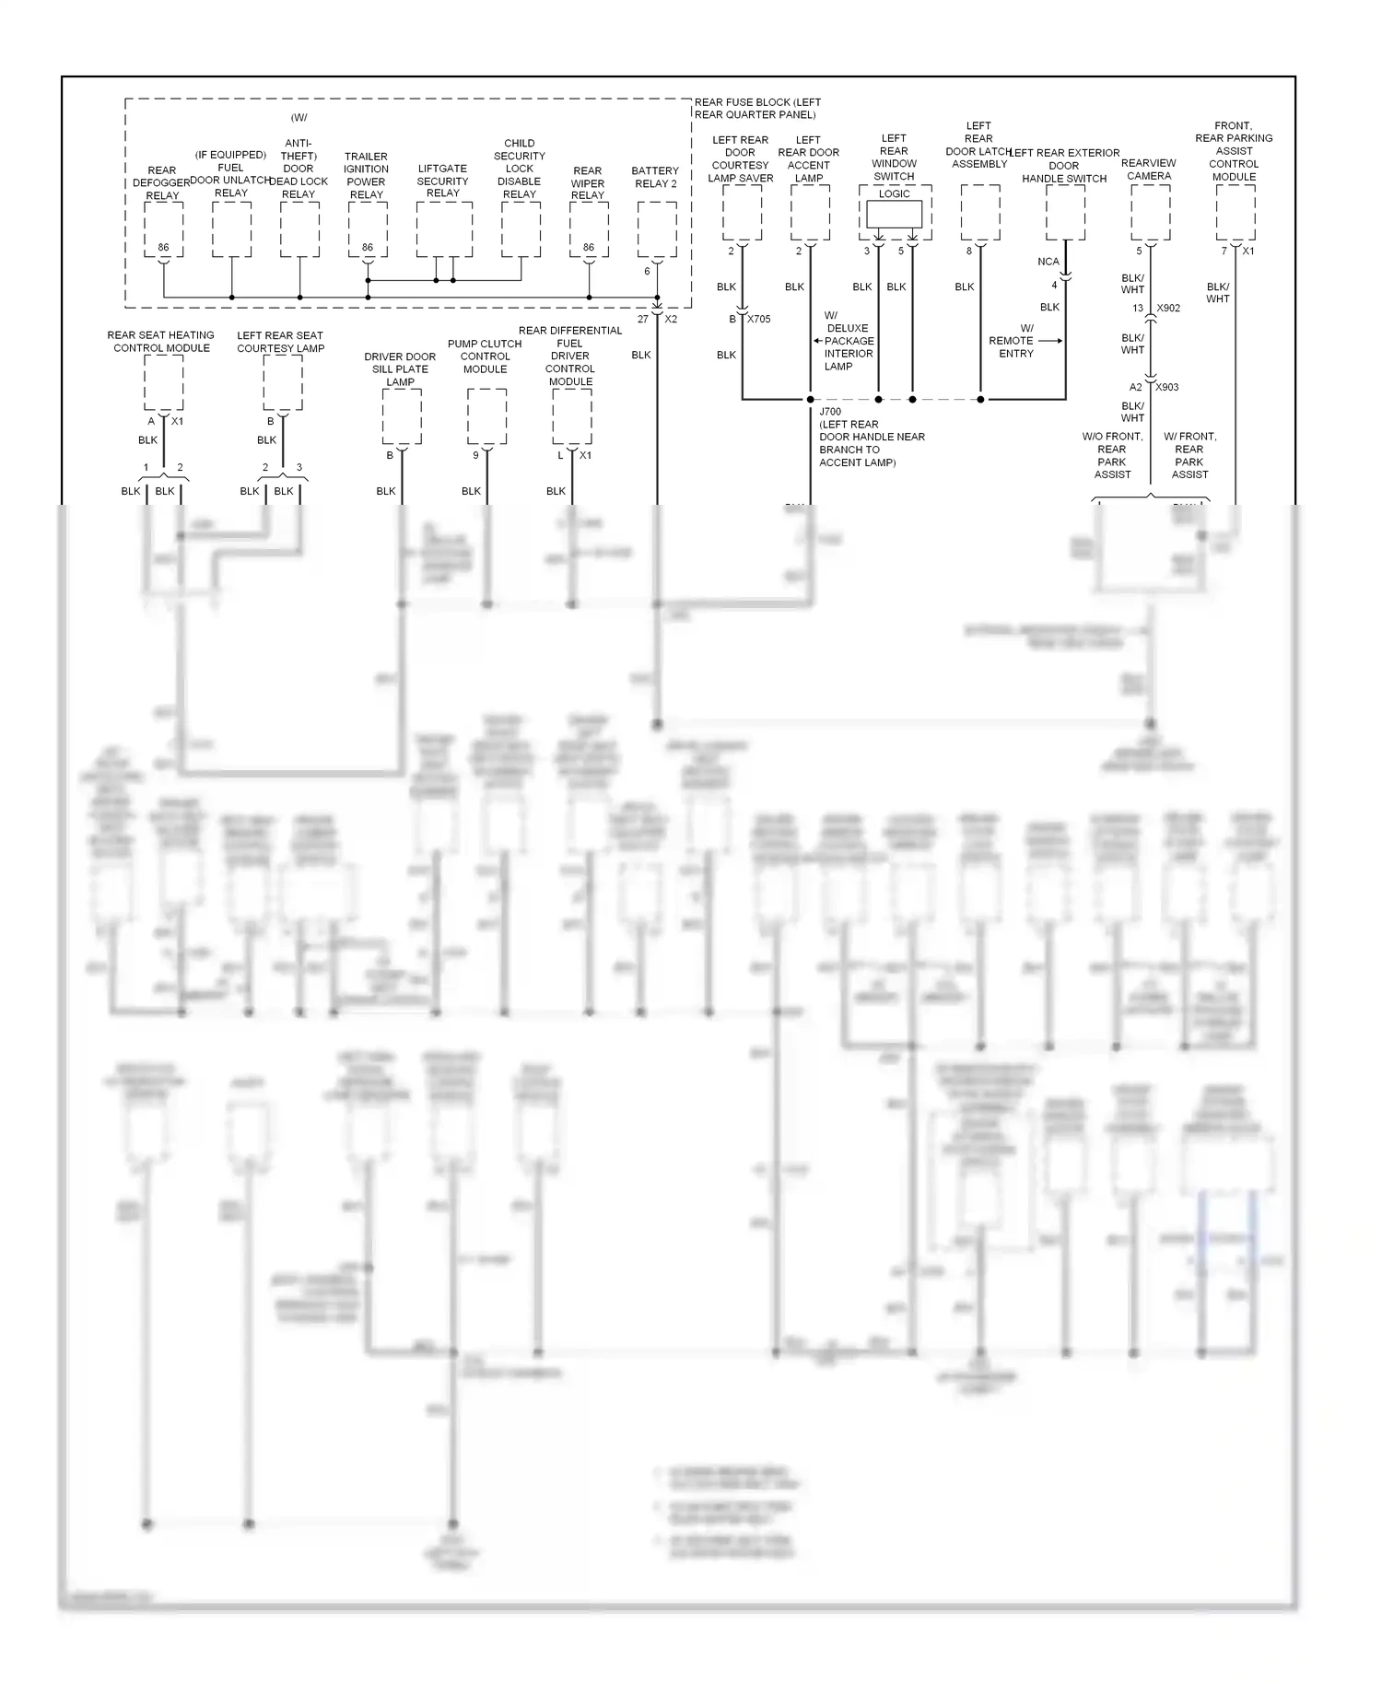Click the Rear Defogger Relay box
tap(163, 229)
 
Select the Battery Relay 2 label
tap(655, 177)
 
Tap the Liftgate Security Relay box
tap(444, 229)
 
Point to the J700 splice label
tap(830, 412)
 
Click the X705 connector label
tap(758, 319)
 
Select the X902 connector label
tap(1168, 309)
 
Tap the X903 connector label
tap(1167, 387)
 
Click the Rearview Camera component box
tap(1150, 213)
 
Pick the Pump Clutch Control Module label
tap(485, 357)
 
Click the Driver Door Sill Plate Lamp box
tap(402, 416)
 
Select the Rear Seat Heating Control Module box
tap(163, 382)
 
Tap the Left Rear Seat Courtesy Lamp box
tap(282, 382)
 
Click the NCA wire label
tap(1048, 262)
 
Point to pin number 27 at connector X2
tap(642, 319)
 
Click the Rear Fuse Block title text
tap(756, 109)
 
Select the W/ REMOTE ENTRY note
tap(1013, 341)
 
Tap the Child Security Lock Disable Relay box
tap(521, 229)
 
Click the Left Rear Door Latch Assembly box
tap(979, 213)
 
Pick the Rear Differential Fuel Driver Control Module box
tap(571, 416)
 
